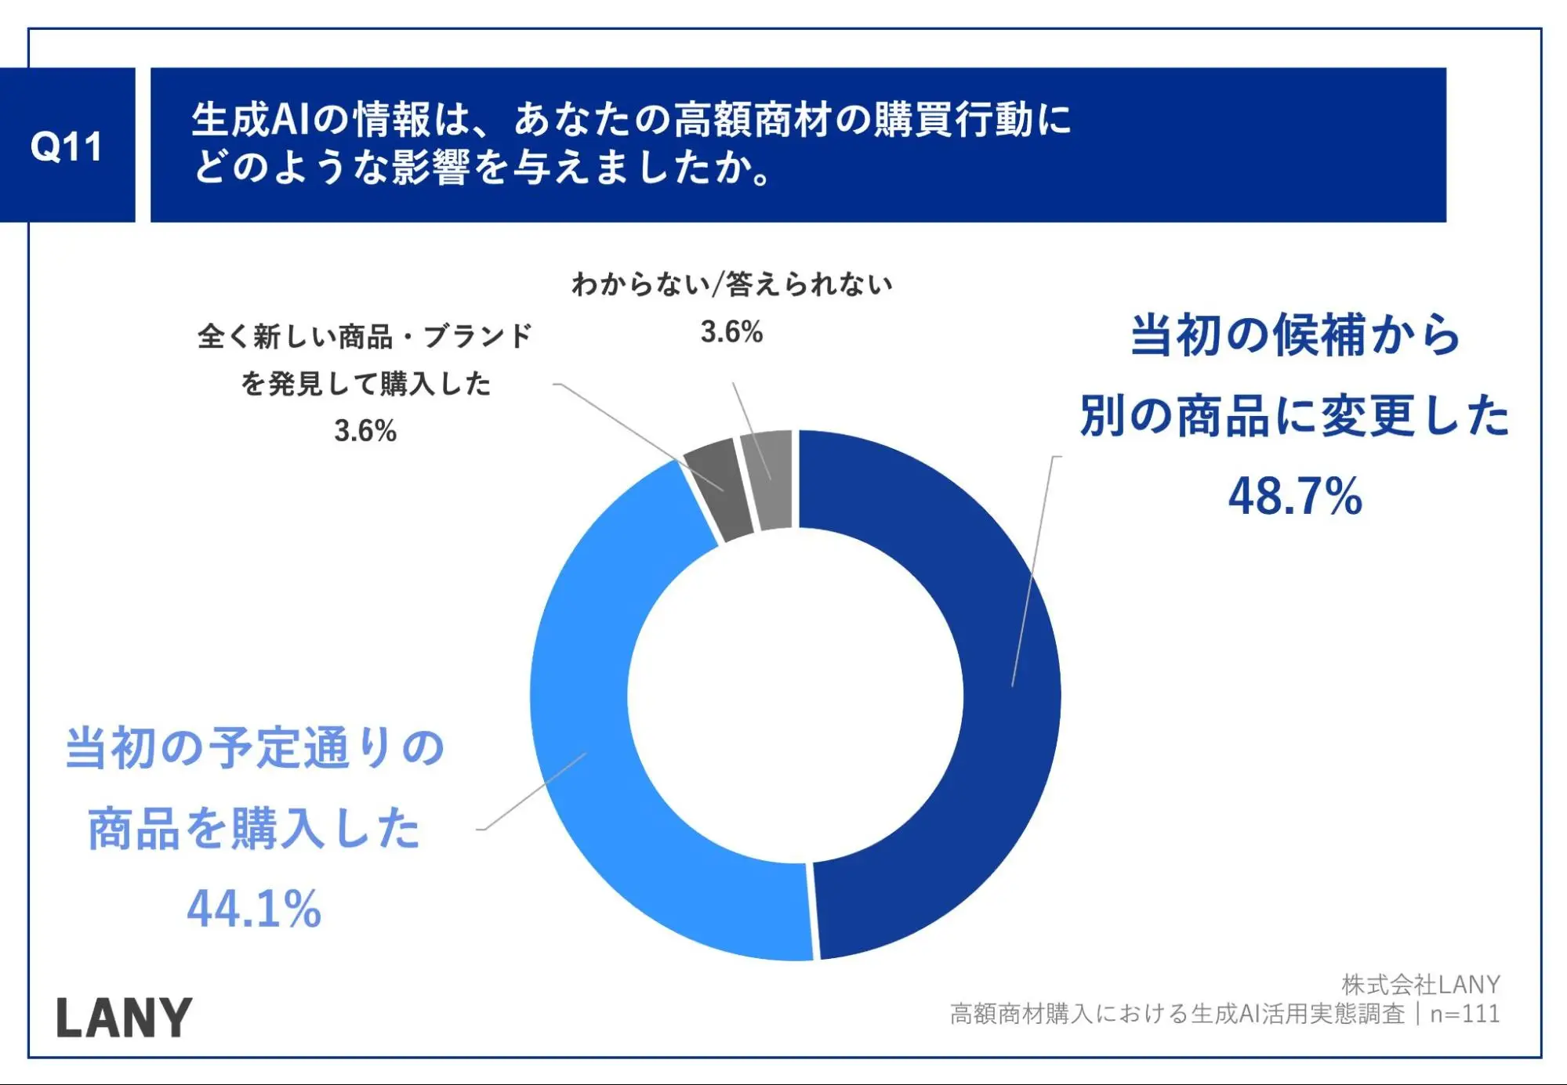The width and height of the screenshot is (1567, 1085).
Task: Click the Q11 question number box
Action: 67,146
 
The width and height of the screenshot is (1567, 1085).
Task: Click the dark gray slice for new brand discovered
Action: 715,489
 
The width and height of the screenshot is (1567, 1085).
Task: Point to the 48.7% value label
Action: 1295,497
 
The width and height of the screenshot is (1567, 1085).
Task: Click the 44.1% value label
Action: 254,909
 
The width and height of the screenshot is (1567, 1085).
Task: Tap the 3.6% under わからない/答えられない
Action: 731,332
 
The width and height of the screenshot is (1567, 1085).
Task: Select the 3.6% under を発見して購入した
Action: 365,431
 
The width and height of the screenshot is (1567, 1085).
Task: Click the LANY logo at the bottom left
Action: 124,1018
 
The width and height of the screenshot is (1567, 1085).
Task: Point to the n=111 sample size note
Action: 1464,1014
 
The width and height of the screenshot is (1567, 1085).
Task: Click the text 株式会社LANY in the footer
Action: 1420,984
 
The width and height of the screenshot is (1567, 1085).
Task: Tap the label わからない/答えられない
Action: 731,284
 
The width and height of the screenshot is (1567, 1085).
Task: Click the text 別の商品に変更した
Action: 1295,415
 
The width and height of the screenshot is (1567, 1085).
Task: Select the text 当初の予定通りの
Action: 256,747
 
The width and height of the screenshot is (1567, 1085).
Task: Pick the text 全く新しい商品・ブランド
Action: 365,337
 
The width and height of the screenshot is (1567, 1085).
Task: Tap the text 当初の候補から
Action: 1295,335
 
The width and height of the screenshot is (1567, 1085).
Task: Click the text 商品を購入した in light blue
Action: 254,829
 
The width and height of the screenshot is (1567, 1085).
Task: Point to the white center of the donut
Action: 795,696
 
